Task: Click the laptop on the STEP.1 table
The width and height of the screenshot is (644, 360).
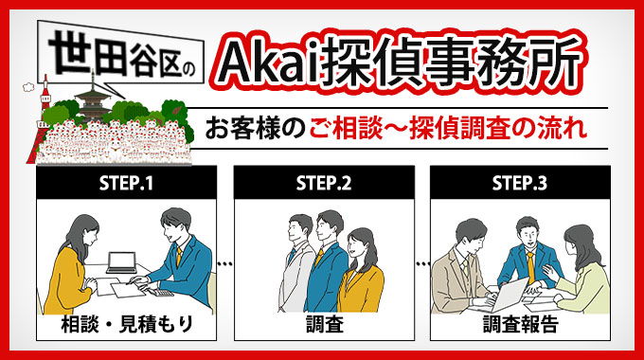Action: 122,261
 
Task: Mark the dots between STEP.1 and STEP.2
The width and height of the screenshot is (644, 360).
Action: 224,262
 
